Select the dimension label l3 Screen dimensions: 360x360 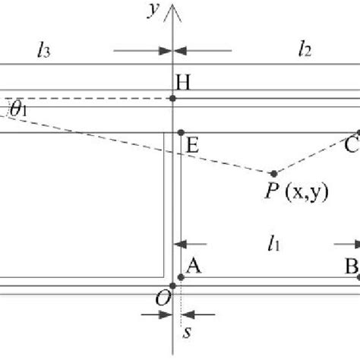pos(43,51)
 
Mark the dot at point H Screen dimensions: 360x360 pos(174,98)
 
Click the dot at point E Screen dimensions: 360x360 pos(180,133)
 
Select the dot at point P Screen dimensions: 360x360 pos(274,173)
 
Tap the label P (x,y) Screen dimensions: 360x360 pos(296,193)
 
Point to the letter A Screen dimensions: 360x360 pos(193,265)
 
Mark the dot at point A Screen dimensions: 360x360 pos(180,277)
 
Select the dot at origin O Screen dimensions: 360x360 pos(173,286)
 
